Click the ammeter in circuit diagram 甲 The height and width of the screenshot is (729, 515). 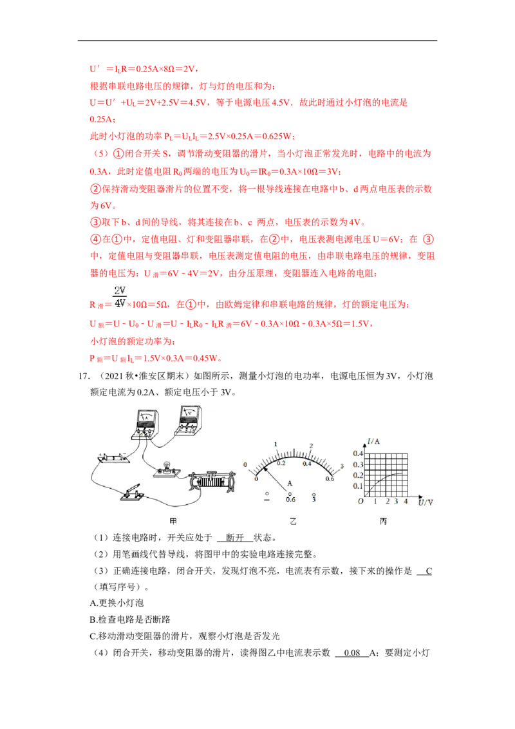[145, 424]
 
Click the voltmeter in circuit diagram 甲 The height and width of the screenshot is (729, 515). [188, 421]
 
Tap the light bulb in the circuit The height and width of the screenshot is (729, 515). [166, 469]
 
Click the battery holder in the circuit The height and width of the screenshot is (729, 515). [113, 458]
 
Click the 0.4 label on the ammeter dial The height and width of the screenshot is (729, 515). [307, 464]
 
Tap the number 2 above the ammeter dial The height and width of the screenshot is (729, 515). [311, 446]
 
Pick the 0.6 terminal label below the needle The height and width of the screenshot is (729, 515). [290, 499]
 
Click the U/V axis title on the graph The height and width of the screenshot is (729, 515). [426, 502]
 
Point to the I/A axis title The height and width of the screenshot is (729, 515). [374, 441]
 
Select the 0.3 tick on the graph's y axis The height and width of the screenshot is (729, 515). [357, 464]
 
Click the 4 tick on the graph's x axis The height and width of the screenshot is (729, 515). [406, 501]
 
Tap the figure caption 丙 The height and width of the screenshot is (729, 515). [383, 521]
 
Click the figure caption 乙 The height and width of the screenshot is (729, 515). [293, 521]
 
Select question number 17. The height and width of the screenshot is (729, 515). [84, 375]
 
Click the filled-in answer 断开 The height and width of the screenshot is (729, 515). [235, 538]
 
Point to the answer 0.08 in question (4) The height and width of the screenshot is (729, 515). [352, 653]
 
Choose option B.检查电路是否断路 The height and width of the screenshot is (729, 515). [130, 620]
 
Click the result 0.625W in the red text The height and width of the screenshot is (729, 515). [277, 137]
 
